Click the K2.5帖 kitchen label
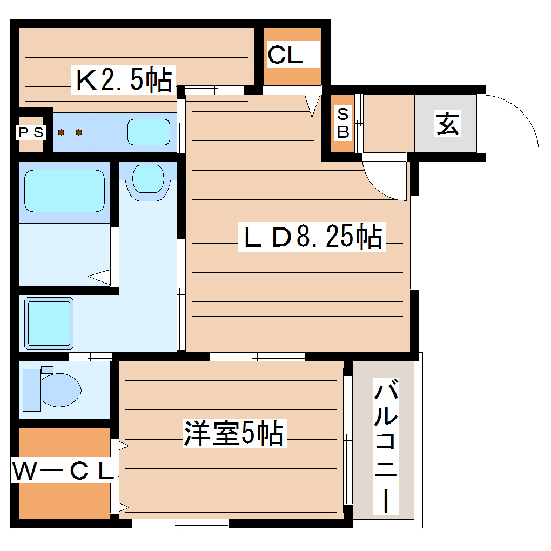click(123, 80)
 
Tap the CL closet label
click(286, 55)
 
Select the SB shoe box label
click(343, 123)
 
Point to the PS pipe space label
click(30, 132)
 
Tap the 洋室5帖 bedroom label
click(233, 433)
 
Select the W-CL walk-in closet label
click(63, 472)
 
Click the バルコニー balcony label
click(386, 446)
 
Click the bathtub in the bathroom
click(64, 191)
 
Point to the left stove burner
click(62, 132)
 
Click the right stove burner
click(79, 132)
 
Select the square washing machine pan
click(49, 323)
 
